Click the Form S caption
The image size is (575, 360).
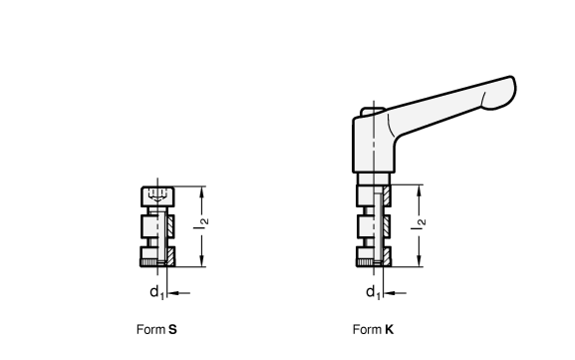pyautogui.click(x=156, y=329)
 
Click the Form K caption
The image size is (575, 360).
pyautogui.click(x=373, y=329)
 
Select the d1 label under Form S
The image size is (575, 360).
pyautogui.click(x=156, y=292)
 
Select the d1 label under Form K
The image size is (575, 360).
pyautogui.click(x=374, y=292)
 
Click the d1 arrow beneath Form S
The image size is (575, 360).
pyautogui.click(x=178, y=293)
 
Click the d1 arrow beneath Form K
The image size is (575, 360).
pyautogui.click(x=395, y=293)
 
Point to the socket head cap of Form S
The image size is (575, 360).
pyautogui.click(x=157, y=196)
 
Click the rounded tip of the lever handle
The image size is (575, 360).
pyautogui.click(x=504, y=93)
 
